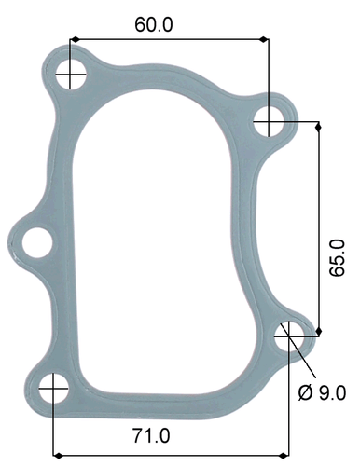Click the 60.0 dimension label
click(153, 25)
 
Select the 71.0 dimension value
click(151, 433)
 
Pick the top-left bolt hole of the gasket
click(71, 75)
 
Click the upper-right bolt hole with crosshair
click(269, 119)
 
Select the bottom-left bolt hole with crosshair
click(54, 387)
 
